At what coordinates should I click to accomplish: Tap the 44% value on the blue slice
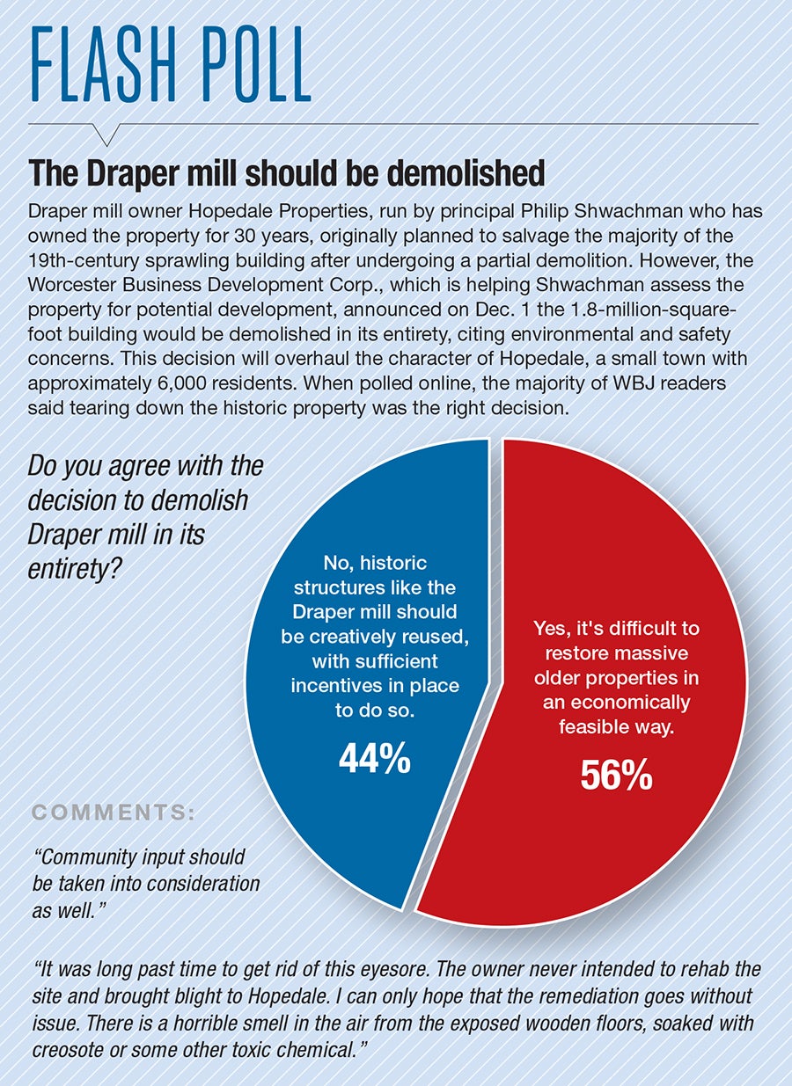374,759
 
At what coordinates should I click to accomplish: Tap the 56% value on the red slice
616,775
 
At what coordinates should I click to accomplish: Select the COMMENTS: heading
114,813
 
